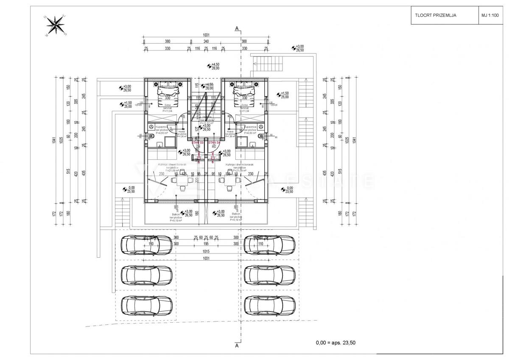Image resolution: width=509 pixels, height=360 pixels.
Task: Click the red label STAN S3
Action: [x=198, y=143]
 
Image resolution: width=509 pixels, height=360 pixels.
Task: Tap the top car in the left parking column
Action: [x=146, y=244]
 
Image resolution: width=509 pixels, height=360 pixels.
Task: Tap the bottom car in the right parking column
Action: [x=270, y=304]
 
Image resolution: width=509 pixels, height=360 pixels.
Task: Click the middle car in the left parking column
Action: [x=146, y=274]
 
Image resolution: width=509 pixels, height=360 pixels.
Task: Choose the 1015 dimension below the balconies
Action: [x=207, y=251]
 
